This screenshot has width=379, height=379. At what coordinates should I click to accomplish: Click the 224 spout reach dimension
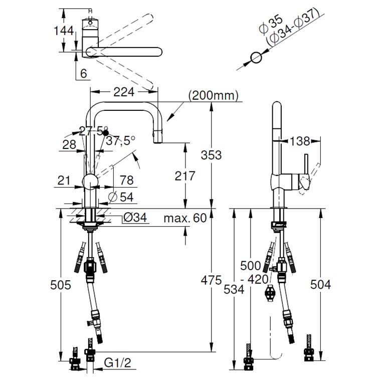pyautogui.click(x=124, y=92)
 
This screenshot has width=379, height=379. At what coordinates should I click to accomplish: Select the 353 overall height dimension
pyautogui.click(x=211, y=155)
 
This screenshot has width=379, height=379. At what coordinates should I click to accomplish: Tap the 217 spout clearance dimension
pyautogui.click(x=185, y=176)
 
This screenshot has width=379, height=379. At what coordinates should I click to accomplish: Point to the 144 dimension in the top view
pyautogui.click(x=64, y=31)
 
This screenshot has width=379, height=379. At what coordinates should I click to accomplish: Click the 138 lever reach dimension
pyautogui.click(x=299, y=141)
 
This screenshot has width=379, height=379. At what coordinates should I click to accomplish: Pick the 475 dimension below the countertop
pyautogui.click(x=211, y=280)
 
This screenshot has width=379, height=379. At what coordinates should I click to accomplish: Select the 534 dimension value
pyautogui.click(x=234, y=289)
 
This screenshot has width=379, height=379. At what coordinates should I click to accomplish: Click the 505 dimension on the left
pyautogui.click(x=61, y=285)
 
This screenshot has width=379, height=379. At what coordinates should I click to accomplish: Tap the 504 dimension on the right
pyautogui.click(x=320, y=284)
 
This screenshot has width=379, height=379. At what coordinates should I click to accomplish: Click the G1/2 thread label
pyautogui.click(x=117, y=362)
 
